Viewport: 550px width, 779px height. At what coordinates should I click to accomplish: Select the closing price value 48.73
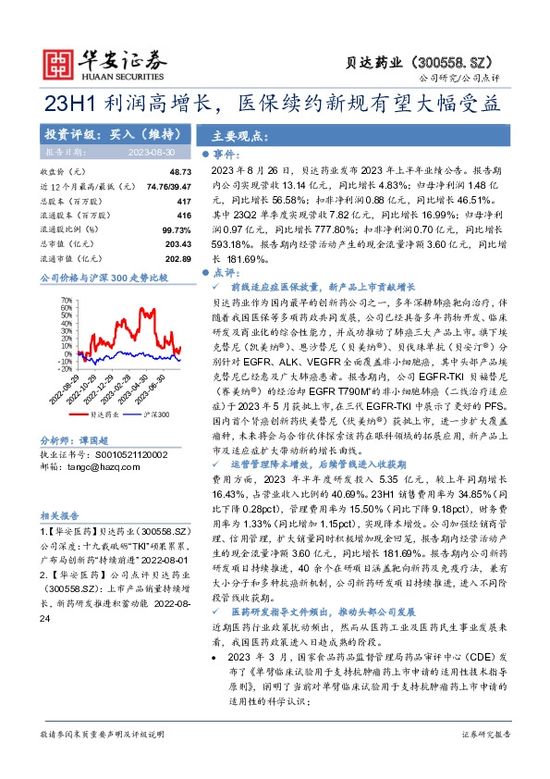tap(180, 173)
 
